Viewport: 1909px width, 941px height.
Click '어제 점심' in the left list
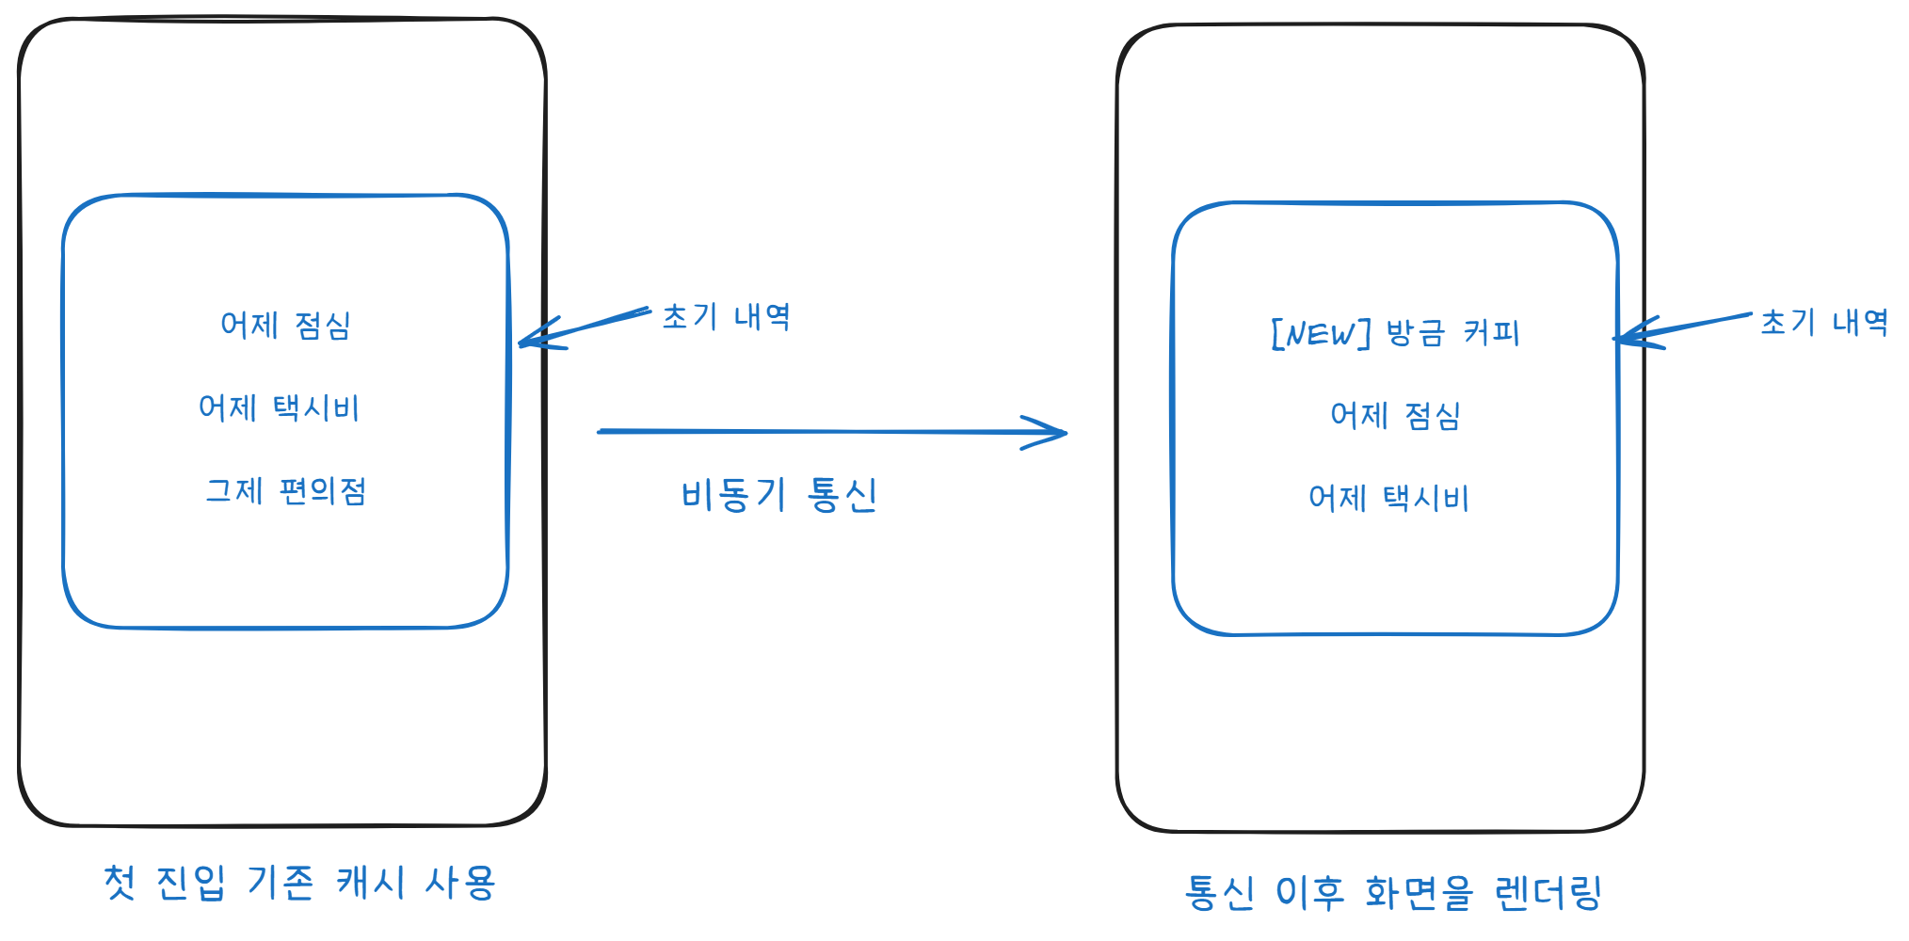tap(285, 326)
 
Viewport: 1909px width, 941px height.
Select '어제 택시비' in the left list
tap(279, 408)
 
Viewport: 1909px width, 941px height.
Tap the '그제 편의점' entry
tap(285, 491)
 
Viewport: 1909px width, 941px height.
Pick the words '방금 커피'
tap(1452, 333)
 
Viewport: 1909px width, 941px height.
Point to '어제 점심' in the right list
tap(1395, 416)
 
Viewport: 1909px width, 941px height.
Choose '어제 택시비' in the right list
tap(1388, 499)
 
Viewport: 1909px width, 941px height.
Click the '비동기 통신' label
tap(778, 495)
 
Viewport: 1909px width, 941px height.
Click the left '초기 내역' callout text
tap(726, 317)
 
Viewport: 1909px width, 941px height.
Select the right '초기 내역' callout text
tap(1824, 323)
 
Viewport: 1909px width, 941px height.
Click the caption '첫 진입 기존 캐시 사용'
tap(299, 883)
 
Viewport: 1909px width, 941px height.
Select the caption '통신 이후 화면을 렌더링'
tap(1393, 892)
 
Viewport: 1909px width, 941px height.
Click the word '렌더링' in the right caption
tap(1548, 892)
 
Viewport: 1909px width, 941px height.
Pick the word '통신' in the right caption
tap(1220, 892)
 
